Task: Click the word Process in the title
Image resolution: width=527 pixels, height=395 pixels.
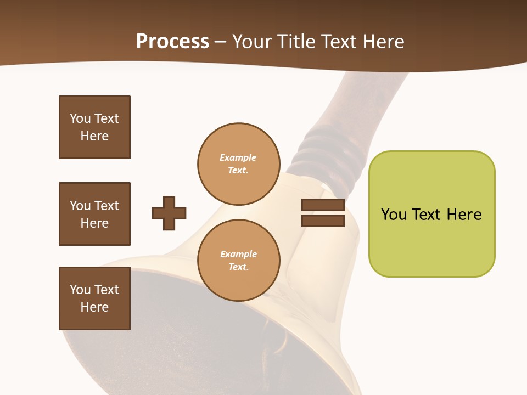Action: coord(172,42)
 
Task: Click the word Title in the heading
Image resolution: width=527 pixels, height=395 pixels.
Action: coord(297,42)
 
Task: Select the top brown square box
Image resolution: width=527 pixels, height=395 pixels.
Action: coord(94,127)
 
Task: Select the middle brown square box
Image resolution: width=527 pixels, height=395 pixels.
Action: coord(94,214)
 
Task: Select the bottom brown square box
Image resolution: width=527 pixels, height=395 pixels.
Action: coord(94,298)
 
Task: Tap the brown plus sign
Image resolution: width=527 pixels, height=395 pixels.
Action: coord(169,213)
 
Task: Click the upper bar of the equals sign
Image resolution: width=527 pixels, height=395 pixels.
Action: coord(323,205)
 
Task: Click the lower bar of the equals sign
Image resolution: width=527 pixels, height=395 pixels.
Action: coord(323,221)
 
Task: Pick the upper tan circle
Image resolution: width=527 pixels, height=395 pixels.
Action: coord(239,164)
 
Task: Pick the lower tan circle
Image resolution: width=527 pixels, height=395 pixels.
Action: coord(239,261)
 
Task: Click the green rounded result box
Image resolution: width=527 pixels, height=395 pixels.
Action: coord(431,214)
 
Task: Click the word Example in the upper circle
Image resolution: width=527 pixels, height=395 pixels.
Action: coord(238,158)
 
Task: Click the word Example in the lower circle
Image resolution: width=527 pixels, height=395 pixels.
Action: coord(238,255)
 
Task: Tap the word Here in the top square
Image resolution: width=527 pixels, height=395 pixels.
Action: coord(94,136)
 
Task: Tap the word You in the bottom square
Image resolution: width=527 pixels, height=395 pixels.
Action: coord(80,290)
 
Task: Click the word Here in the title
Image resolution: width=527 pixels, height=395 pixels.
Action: coord(383,42)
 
